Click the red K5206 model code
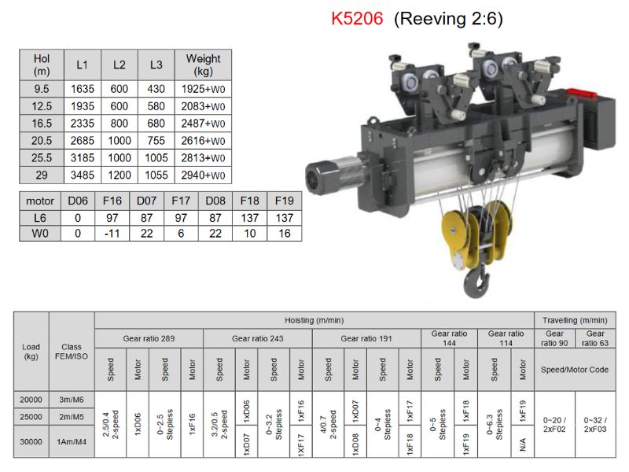click(x=357, y=18)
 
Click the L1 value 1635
click(x=83, y=89)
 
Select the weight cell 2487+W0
click(x=203, y=124)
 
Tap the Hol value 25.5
click(x=42, y=158)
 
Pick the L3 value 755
click(x=156, y=141)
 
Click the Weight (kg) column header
click(x=203, y=65)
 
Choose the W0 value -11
click(x=112, y=233)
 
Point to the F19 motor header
click(x=284, y=201)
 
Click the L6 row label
click(x=40, y=218)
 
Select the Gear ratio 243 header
click(x=258, y=338)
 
